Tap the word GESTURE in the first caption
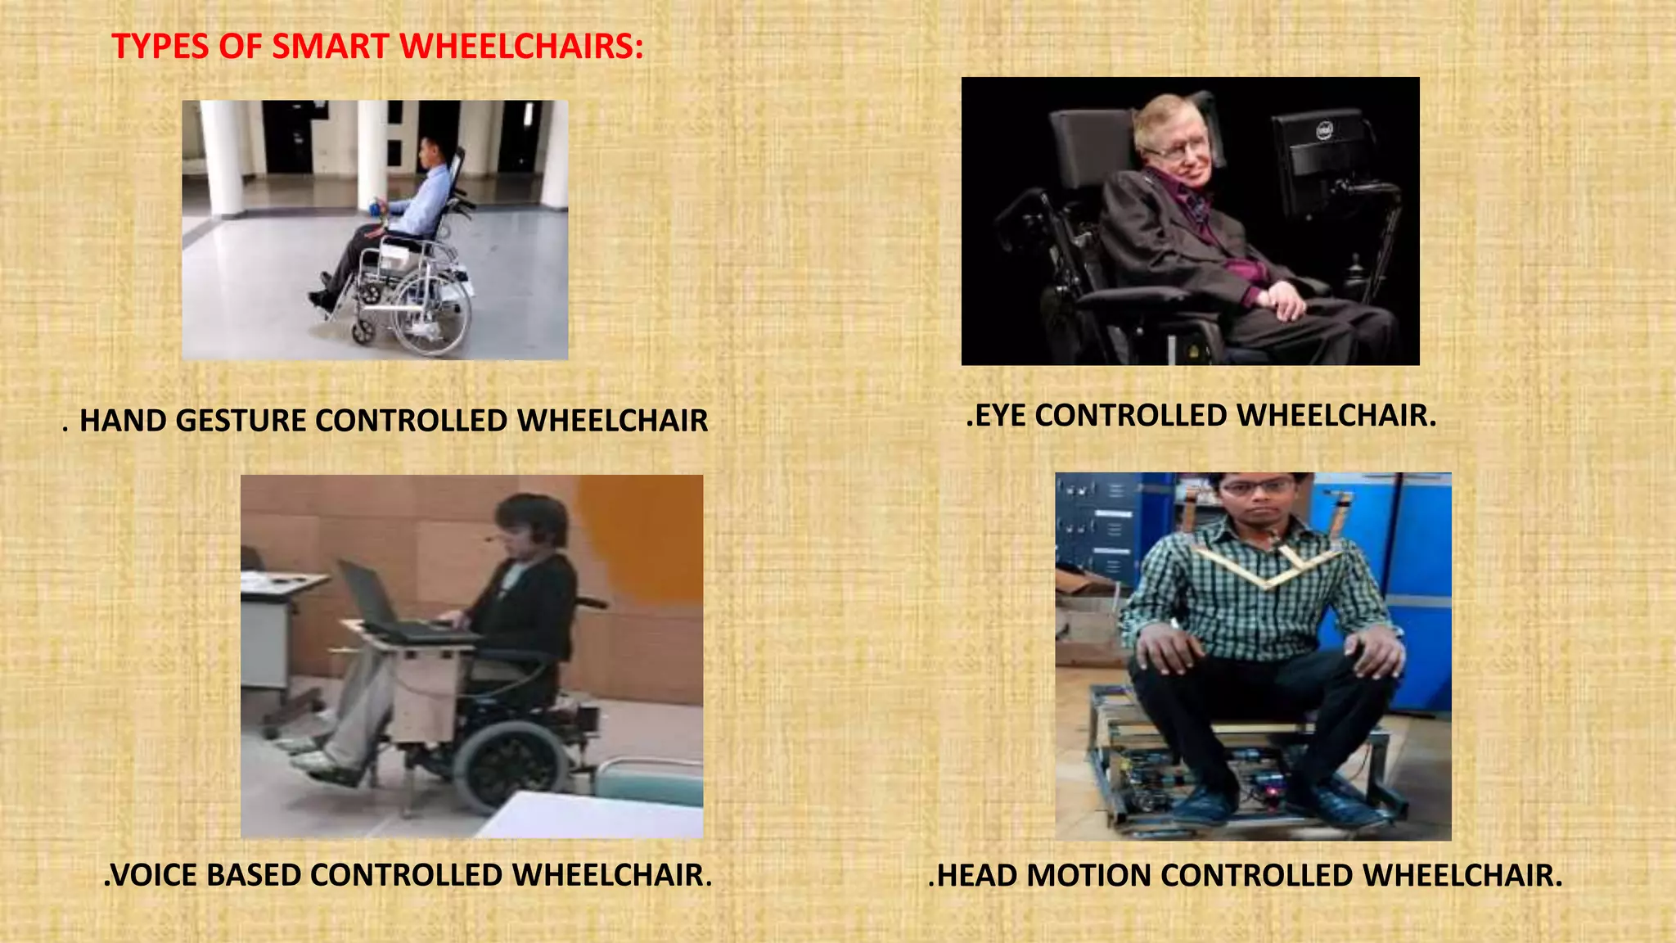[241, 421]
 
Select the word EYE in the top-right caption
[1000, 416]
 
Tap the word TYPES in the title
[160, 46]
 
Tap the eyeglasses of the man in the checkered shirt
[1260, 488]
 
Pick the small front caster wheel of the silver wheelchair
[363, 331]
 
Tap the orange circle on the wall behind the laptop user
[647, 532]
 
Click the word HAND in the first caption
[123, 421]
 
